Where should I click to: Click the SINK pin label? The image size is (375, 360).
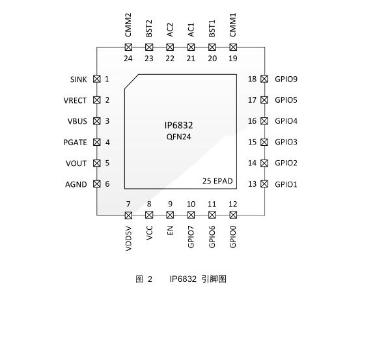78,79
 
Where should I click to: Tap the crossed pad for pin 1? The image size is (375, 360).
96,79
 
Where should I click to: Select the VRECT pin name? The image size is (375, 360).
75,100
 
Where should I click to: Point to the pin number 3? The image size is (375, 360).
107,121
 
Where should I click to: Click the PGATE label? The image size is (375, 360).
75,143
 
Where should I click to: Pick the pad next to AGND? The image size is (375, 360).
96,184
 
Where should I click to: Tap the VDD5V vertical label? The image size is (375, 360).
128,238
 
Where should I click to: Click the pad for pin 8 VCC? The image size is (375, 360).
149,215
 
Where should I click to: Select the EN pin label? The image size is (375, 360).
170,230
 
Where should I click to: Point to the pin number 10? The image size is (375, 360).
191,204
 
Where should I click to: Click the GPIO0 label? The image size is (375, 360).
233,237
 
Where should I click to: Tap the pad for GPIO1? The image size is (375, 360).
264,184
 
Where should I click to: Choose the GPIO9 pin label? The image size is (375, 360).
286,79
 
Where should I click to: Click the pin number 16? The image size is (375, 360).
252,121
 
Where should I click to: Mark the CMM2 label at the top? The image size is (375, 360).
128,25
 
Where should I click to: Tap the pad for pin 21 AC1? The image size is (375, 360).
191,47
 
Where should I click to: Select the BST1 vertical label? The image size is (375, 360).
212,29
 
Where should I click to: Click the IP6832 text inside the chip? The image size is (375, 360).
178,126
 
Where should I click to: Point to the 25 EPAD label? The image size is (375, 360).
217,181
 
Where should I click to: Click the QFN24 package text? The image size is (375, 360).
178,137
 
